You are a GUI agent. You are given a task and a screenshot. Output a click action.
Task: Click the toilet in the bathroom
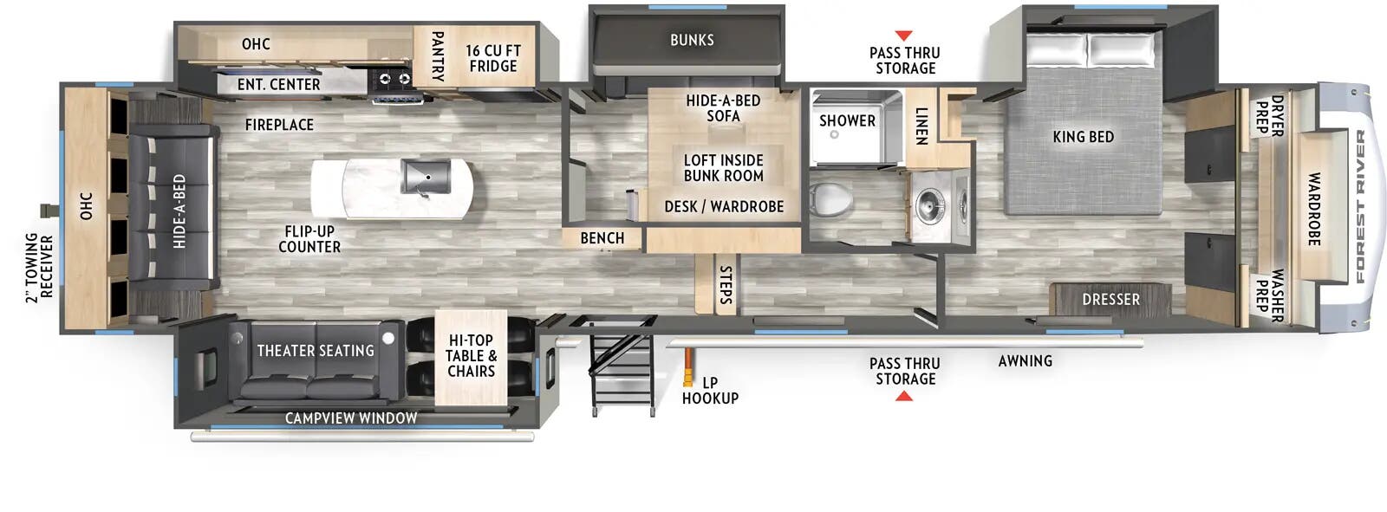pos(828,200)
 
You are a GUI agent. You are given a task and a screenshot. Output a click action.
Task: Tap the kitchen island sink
pos(424,177)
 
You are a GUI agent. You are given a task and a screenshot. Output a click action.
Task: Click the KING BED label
pos(1083,137)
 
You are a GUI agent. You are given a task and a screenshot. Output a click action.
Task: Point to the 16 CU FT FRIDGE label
pos(492,59)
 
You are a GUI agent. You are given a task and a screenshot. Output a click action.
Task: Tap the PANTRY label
pos(438,56)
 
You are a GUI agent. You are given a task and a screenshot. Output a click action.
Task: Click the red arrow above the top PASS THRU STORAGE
pos(903,36)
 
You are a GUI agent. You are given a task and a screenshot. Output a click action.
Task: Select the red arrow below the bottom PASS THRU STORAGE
pos(904,397)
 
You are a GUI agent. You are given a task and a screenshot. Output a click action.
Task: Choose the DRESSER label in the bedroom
pos(1110,300)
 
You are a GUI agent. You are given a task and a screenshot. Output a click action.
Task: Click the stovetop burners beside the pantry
pos(392,80)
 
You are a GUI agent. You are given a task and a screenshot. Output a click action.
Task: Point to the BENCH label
pos(602,238)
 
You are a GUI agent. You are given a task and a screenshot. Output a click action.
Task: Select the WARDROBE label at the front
pos(1314,209)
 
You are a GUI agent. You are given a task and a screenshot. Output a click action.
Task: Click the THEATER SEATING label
pos(316,351)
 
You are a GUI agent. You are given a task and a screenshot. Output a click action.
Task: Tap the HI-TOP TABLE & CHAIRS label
pos(471,356)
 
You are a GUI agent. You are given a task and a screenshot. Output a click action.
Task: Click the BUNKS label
pos(692,40)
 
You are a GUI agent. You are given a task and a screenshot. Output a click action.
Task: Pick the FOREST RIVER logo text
pos(1360,206)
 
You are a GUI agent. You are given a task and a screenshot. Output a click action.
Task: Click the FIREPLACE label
pos(279,125)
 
